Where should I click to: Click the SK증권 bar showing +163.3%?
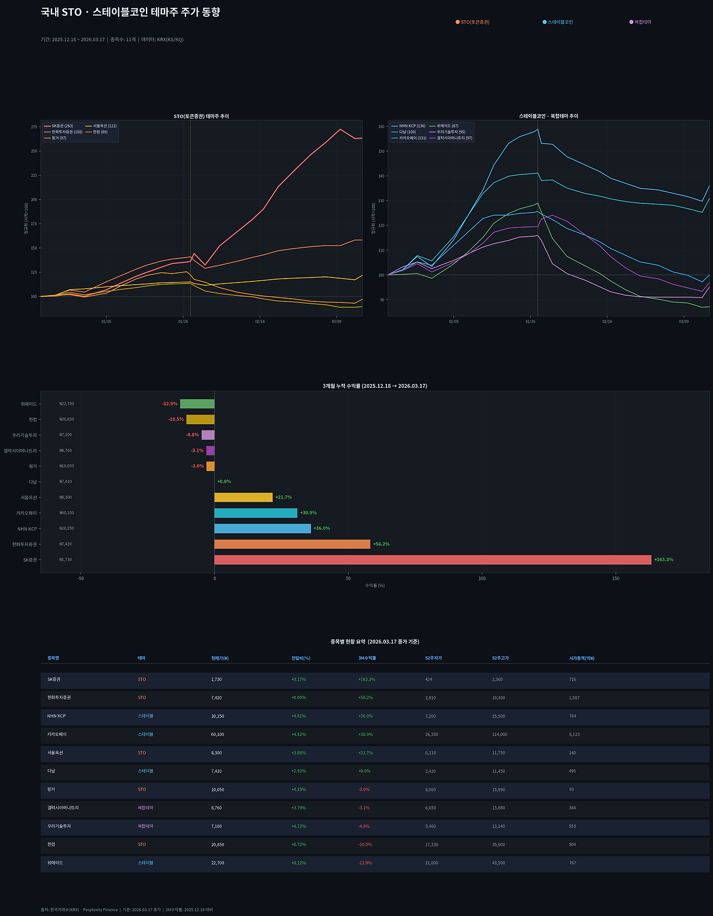tap(432, 559)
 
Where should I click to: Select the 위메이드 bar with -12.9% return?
tap(197, 403)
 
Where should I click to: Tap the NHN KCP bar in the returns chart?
tap(262, 528)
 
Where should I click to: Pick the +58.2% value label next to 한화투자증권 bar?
tap(381, 544)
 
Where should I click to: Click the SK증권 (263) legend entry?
tap(62, 126)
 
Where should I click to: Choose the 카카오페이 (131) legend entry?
tap(412, 138)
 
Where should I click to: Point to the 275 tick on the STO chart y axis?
tap(34, 127)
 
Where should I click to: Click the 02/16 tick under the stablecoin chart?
tap(607, 321)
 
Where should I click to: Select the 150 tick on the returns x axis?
tap(616, 578)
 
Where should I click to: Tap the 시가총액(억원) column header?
tap(582, 658)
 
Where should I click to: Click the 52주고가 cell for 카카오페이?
tap(499, 734)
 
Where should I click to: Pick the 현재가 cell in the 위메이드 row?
tap(217, 863)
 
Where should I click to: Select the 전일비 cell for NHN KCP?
tap(298, 716)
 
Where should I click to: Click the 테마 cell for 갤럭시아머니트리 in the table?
tap(145, 807)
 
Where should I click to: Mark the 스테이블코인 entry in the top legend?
tap(560, 22)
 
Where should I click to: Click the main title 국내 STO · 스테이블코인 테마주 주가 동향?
tap(130, 12)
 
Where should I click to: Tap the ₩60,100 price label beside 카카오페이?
tap(66, 513)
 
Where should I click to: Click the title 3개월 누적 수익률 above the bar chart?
tap(375, 386)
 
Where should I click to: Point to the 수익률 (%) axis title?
tap(375, 586)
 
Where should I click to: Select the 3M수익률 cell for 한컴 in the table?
tap(365, 844)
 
